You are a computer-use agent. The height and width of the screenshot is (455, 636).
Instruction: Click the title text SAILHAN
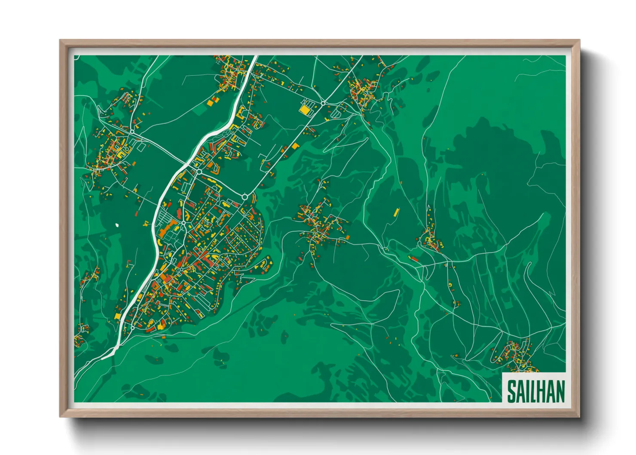535,391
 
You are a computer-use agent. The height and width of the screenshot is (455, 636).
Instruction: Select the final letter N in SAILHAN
559,391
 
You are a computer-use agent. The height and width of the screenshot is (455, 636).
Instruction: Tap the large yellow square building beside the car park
305,110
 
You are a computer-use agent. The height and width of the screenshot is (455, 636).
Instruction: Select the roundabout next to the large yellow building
323,103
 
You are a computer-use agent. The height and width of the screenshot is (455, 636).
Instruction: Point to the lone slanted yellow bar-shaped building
396,212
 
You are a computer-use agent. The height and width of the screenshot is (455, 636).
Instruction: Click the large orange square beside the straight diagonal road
295,146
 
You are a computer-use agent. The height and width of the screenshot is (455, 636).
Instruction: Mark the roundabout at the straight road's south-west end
245,197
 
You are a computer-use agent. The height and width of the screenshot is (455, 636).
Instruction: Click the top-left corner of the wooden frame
61,41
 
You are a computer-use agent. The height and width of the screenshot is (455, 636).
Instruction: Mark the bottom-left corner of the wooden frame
61,416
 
